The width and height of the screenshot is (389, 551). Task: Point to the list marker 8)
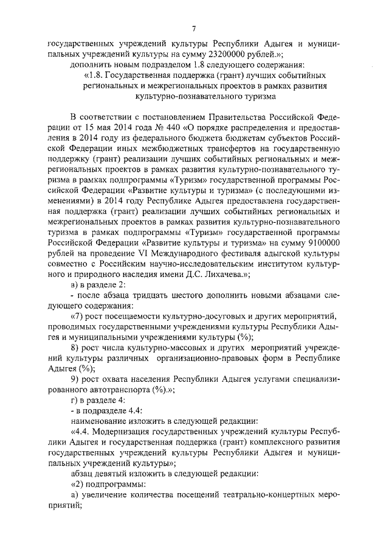point(76,348)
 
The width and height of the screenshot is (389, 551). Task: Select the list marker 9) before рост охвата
point(76,380)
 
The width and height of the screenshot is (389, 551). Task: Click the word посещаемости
point(143,317)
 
